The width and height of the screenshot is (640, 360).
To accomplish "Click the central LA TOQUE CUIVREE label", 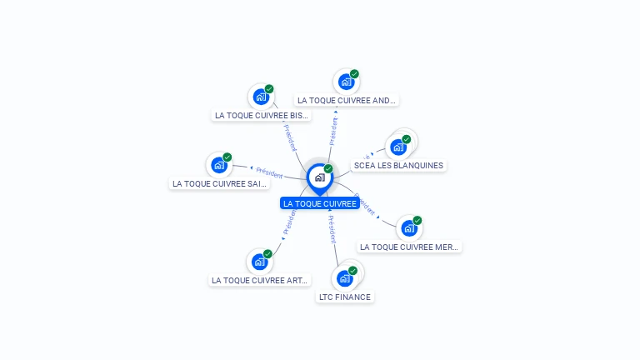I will pyautogui.click(x=320, y=203).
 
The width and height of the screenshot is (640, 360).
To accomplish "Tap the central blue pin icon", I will pyautogui.click(x=319, y=177).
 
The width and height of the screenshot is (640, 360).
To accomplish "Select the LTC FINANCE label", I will pyautogui.click(x=345, y=297).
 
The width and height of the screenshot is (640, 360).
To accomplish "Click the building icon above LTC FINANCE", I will pyautogui.click(x=344, y=278).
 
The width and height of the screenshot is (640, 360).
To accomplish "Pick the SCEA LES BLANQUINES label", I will pyautogui.click(x=398, y=165).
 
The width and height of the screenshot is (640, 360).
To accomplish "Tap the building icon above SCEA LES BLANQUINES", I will pyautogui.click(x=398, y=147).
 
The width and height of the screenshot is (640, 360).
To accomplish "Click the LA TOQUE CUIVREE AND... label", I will pyautogui.click(x=347, y=100).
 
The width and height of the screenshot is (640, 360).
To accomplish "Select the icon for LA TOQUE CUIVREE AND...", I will pyautogui.click(x=346, y=82).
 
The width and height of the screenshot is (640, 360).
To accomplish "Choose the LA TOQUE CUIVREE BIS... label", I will pyautogui.click(x=262, y=116).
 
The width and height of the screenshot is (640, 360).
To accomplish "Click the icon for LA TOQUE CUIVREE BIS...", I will pyautogui.click(x=260, y=97).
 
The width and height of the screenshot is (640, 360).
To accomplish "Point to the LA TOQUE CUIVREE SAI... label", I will pyautogui.click(x=220, y=183).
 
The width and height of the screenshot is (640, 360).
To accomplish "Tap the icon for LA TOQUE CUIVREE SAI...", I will pyautogui.click(x=219, y=165).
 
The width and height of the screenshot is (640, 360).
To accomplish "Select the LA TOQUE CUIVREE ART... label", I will pyautogui.click(x=260, y=281).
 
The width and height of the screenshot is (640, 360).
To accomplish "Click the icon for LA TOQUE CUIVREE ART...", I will pyautogui.click(x=259, y=262).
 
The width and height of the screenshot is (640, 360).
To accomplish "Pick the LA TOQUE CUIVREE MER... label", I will pyautogui.click(x=409, y=247).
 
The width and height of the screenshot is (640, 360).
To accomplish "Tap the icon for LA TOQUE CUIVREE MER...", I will pyautogui.click(x=408, y=228).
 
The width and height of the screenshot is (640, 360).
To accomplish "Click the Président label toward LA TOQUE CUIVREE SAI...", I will pyautogui.click(x=269, y=172).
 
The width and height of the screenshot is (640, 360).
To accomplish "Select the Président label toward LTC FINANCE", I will pyautogui.click(x=332, y=228).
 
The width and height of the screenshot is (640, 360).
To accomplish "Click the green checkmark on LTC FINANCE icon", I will pyautogui.click(x=352, y=270).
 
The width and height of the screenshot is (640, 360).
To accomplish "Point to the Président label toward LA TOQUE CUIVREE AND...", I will pyautogui.click(x=334, y=131).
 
